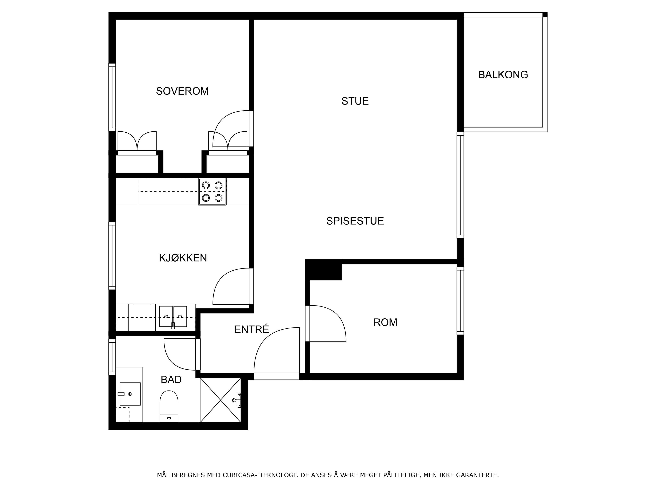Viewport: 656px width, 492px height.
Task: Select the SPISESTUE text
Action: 355,221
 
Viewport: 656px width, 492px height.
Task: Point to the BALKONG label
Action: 503,75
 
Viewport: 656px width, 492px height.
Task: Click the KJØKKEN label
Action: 183,258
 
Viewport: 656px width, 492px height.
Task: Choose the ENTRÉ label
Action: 251,329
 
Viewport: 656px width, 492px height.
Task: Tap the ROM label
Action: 385,322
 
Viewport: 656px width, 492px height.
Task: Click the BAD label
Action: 171,380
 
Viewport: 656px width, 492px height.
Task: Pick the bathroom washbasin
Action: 130,394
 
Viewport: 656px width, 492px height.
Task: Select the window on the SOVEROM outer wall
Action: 112,97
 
